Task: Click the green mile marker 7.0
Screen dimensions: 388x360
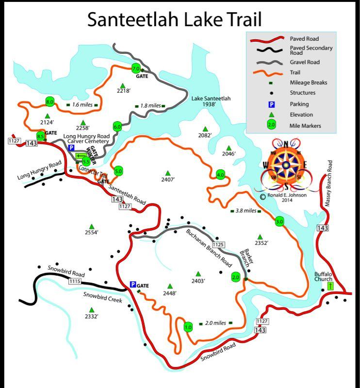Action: click(136, 68)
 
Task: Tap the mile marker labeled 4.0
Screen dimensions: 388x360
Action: click(221, 175)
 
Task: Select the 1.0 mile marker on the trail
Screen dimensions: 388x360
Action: click(189, 327)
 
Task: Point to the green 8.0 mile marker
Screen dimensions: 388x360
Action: click(49, 101)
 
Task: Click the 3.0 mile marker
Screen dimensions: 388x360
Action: click(279, 222)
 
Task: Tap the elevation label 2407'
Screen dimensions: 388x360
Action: click(167, 179)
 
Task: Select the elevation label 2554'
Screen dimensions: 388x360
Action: click(91, 232)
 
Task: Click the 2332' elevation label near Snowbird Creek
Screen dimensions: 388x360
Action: click(91, 316)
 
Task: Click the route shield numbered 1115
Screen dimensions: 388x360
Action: click(75, 281)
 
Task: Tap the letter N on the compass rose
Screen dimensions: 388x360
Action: click(286, 144)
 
